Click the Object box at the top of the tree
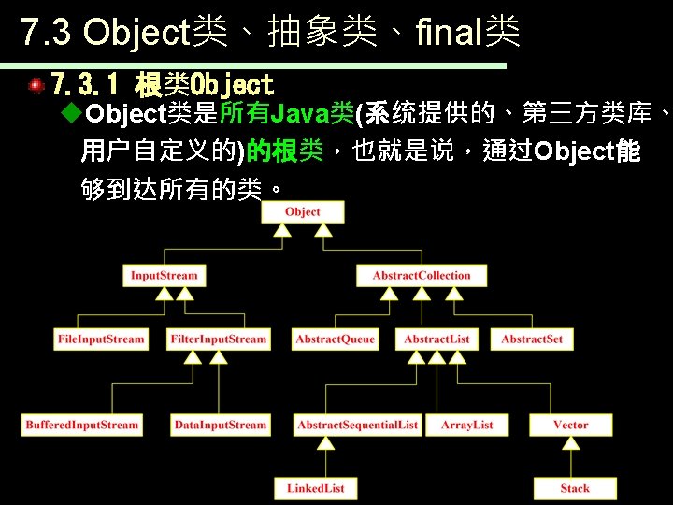[x=302, y=212]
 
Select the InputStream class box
[x=165, y=276]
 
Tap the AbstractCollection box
[x=422, y=276]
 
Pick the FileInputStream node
[x=101, y=339]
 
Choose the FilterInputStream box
[x=219, y=339]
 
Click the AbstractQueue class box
[x=335, y=339]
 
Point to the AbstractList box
[x=437, y=339]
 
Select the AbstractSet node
[x=532, y=339]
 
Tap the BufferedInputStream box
[x=82, y=426]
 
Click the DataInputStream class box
[x=220, y=426]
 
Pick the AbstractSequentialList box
[x=358, y=426]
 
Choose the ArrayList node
[x=467, y=426]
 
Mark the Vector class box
[x=570, y=426]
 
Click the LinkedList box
[x=316, y=488]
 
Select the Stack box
[x=575, y=488]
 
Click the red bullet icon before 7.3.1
[x=36, y=86]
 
